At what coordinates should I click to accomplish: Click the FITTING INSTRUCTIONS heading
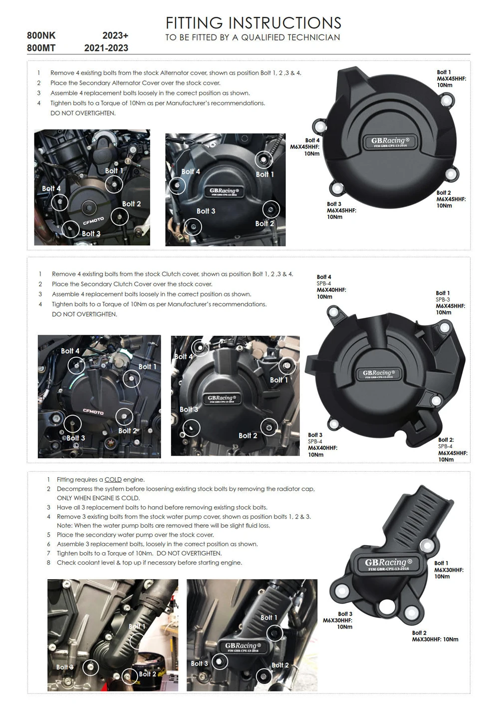tap(253, 22)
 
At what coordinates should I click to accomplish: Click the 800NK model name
tap(41, 35)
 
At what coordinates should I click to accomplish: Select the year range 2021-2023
tap(106, 48)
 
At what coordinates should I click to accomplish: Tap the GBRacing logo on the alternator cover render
tap(390, 141)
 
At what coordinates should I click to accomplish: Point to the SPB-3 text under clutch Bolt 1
tap(443, 300)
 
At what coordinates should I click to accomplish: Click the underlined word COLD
tap(113, 480)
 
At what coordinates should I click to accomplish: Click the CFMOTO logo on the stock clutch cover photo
tap(93, 412)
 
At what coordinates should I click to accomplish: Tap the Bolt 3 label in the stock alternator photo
tap(91, 233)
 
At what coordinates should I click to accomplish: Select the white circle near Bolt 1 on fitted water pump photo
tap(274, 633)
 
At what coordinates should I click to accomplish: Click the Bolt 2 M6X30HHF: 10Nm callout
tap(435, 636)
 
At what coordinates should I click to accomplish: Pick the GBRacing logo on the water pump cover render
tap(388, 564)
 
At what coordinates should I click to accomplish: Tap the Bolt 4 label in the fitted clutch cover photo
tap(183, 356)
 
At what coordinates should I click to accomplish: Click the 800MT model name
tap(41, 48)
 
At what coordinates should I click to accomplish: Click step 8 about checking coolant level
tap(149, 563)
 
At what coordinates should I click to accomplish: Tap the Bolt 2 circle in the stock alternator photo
tap(120, 216)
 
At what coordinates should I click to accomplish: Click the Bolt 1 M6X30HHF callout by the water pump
tap(448, 570)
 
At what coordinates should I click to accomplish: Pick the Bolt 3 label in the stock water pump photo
tap(65, 667)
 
